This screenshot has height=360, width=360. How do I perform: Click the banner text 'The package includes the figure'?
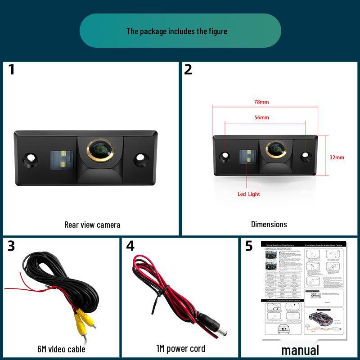[x=177, y=31]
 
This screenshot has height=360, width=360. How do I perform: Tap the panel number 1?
[x=11, y=70]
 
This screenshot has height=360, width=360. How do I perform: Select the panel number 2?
[x=188, y=70]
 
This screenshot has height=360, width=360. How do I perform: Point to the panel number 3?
[x=11, y=246]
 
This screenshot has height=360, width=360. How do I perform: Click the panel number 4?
[x=130, y=246]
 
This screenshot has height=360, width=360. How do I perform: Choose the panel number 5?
[x=249, y=246]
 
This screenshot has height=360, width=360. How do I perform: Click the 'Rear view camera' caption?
[x=92, y=225]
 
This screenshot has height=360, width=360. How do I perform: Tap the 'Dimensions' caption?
[x=269, y=224]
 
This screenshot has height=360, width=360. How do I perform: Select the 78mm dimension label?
[x=261, y=102]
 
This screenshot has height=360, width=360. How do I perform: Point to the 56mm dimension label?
[x=261, y=117]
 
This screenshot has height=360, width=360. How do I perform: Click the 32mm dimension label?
[x=337, y=157]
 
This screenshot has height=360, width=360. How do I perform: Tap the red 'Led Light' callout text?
[x=249, y=194]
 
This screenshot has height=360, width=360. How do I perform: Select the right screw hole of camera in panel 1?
[x=142, y=158]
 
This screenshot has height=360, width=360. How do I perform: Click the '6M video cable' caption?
[x=61, y=349]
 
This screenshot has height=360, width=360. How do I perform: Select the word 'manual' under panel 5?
[x=300, y=350]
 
